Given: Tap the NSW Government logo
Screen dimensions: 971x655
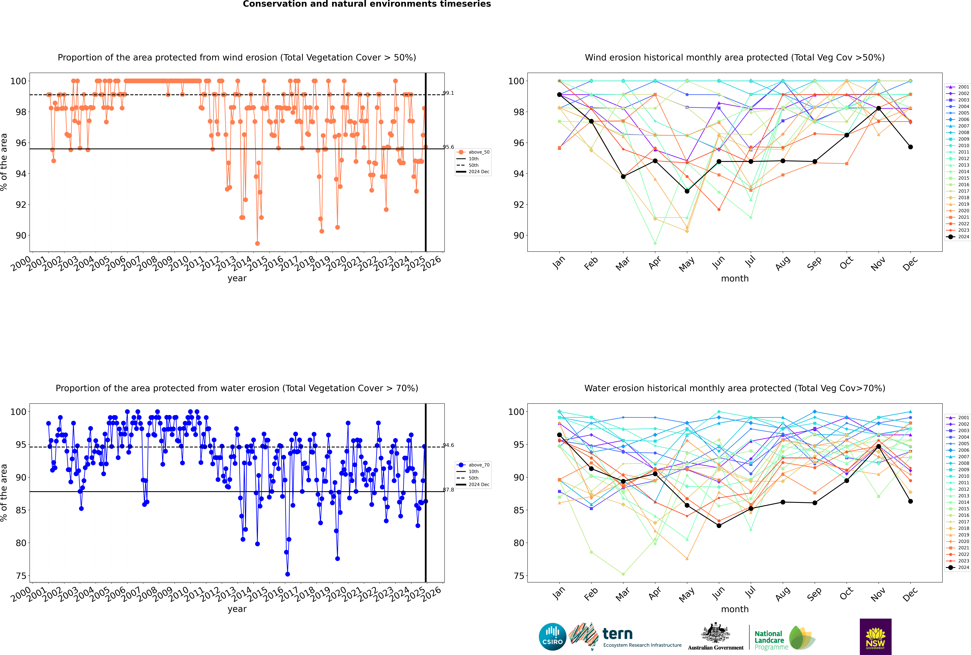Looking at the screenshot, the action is click(875, 636).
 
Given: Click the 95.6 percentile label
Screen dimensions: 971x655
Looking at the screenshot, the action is click(448, 147).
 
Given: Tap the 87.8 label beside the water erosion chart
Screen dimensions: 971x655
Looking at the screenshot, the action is click(448, 490).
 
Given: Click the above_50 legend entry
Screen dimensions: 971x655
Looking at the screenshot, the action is click(473, 152).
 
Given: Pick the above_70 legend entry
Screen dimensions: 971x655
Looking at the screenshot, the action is click(473, 465).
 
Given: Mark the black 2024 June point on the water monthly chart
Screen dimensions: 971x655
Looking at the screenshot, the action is click(719, 526).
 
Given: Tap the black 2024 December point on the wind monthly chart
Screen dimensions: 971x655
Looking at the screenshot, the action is click(911, 147).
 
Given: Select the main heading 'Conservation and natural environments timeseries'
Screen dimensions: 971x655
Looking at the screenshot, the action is click(367, 4).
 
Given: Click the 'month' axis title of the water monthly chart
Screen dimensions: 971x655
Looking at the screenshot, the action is click(735, 609).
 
